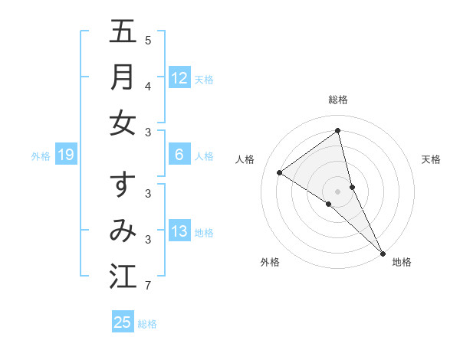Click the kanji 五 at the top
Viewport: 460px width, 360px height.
(x=123, y=31)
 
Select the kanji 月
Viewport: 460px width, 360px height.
(x=123, y=77)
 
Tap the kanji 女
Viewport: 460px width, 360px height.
(x=123, y=123)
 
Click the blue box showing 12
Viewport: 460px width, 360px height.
(x=179, y=77)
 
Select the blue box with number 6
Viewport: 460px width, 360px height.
(x=179, y=155)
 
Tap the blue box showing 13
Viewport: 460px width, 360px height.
(x=179, y=231)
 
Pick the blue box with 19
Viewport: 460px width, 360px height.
(x=66, y=155)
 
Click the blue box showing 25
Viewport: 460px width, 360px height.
(x=123, y=322)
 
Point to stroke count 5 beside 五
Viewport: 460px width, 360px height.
(x=148, y=40)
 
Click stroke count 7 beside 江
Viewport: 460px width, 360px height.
(x=148, y=286)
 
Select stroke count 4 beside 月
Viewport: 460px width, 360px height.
(x=148, y=87)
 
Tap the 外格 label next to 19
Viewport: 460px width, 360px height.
(x=41, y=156)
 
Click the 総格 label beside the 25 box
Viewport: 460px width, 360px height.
(x=147, y=324)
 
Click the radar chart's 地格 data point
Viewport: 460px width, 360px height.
(x=383, y=252)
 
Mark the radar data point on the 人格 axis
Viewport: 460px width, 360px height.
(x=280, y=172)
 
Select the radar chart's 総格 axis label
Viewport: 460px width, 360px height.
(x=338, y=100)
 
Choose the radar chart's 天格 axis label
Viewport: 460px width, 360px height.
(x=431, y=159)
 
